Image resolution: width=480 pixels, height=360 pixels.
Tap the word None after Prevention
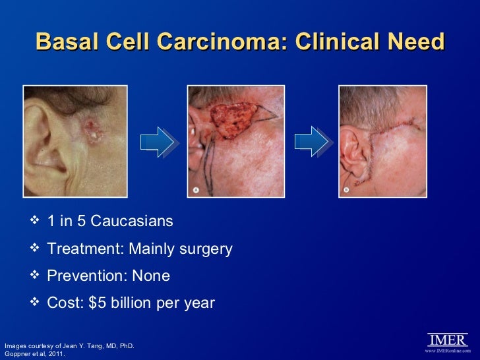[151, 276]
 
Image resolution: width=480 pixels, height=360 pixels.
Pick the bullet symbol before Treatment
[36, 249]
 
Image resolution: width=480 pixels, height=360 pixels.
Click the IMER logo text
[448, 340]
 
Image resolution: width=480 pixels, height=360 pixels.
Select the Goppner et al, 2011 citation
[34, 354]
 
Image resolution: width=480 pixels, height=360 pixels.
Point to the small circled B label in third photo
[346, 190]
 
